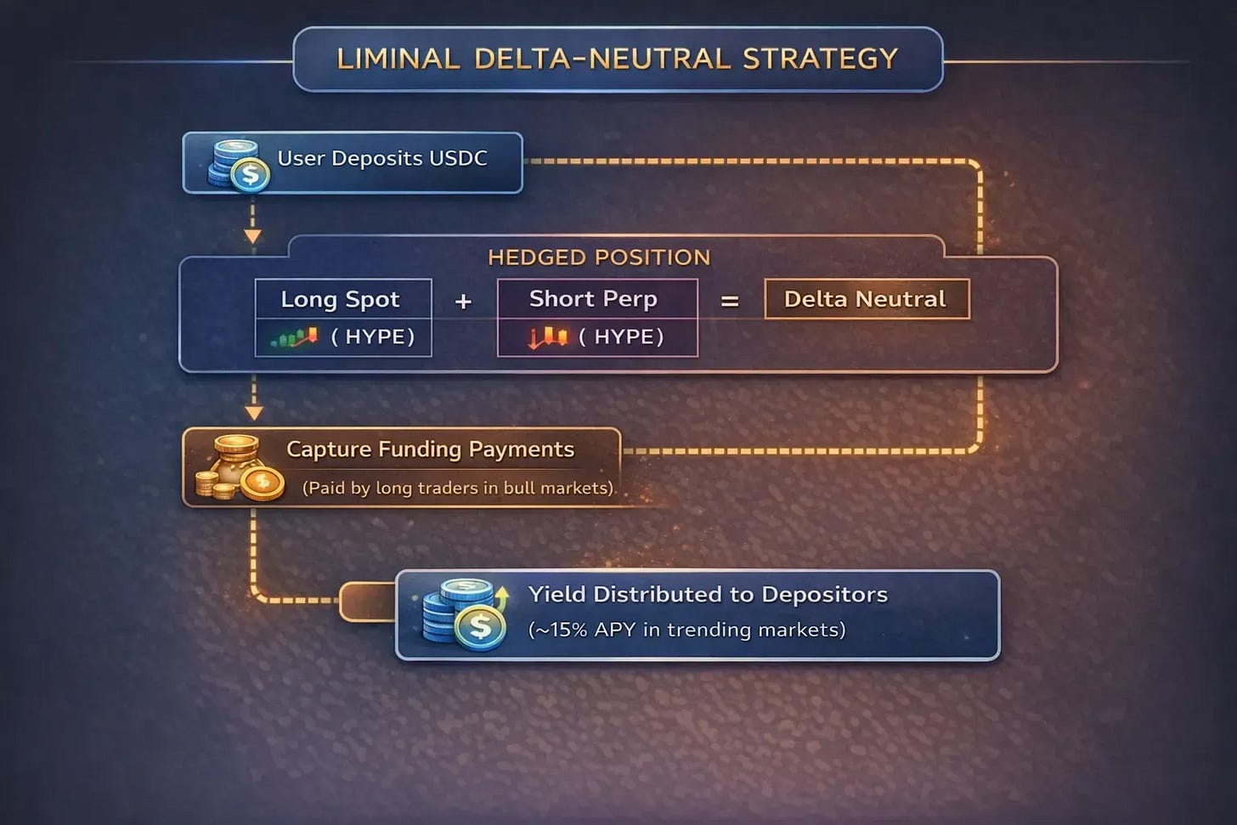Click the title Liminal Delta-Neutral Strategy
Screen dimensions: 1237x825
(x=618, y=59)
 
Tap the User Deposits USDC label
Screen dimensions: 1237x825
(x=382, y=159)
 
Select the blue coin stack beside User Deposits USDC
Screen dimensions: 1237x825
(x=238, y=164)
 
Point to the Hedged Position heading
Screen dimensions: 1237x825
(x=599, y=257)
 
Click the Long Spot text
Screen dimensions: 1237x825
(x=340, y=299)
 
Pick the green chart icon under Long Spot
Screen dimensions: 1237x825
(x=294, y=337)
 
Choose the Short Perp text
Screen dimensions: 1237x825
(x=593, y=298)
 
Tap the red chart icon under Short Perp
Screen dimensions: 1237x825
(x=548, y=337)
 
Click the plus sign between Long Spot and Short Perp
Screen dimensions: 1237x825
(x=463, y=302)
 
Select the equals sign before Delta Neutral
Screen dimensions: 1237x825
(x=730, y=302)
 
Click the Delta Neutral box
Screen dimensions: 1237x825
(x=866, y=299)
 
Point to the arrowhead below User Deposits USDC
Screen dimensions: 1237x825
(x=252, y=235)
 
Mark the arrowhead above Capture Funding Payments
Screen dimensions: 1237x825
(x=253, y=413)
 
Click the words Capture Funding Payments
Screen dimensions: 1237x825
(x=430, y=449)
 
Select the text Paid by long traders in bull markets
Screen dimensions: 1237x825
(x=458, y=488)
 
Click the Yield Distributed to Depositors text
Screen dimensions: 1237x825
(x=708, y=594)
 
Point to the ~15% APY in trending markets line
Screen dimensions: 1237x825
(x=686, y=630)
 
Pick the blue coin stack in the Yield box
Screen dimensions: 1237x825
(x=464, y=614)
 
